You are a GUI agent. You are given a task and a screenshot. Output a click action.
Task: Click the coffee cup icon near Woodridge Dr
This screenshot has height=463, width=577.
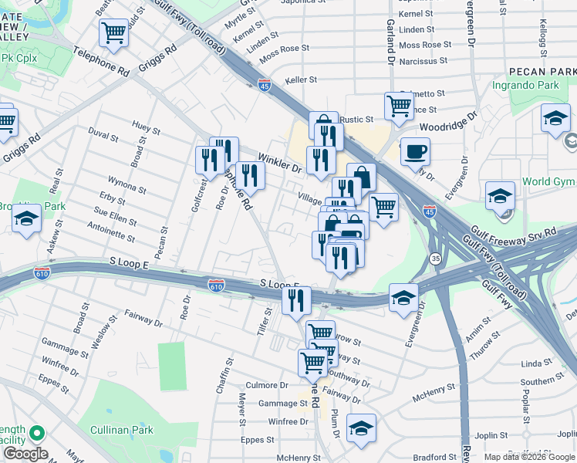[x=415, y=150]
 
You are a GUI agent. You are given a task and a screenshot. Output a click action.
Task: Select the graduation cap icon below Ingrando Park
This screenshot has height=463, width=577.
[x=555, y=119]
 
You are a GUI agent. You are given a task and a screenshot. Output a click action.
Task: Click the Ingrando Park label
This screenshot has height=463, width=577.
[x=526, y=84]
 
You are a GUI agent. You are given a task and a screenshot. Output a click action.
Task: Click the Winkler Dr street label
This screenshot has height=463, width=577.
[x=278, y=162]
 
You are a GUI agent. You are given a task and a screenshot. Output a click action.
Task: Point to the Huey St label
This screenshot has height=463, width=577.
[x=146, y=124]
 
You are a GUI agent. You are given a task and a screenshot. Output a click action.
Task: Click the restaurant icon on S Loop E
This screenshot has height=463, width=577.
[x=296, y=300]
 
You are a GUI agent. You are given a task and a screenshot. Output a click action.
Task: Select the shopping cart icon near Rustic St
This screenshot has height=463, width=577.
[x=399, y=106]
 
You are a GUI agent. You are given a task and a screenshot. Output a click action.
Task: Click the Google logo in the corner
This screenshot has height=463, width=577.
[x=25, y=454]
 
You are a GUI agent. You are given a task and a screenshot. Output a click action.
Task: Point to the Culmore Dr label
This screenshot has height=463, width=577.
[x=266, y=384]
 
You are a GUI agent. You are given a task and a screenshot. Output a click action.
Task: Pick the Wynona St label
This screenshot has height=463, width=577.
[x=127, y=188]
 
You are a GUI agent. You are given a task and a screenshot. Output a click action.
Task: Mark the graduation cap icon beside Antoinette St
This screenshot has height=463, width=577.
[x=26, y=220]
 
